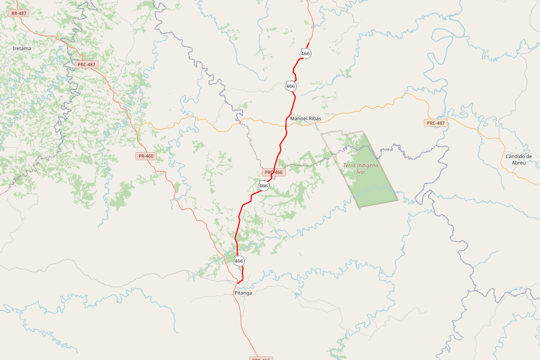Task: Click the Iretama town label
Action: click(22, 48)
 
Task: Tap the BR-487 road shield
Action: click(19, 13)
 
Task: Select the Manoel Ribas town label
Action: click(306, 118)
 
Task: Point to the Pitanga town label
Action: click(243, 292)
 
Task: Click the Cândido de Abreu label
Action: click(518, 160)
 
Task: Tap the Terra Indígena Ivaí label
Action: click(360, 168)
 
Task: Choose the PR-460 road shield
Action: click(146, 156)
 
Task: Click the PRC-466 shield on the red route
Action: click(274, 172)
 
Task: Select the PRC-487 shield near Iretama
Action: click(86, 64)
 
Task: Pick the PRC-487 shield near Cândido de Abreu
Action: click(436, 123)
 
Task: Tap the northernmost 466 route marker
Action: click(305, 54)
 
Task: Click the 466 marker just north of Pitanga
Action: click(239, 261)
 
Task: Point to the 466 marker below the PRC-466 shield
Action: click(264, 185)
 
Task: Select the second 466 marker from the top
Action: click(291, 86)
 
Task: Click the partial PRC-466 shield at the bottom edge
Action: click(261, 358)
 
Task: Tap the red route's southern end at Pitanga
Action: click(237, 283)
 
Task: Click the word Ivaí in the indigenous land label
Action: click(360, 172)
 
